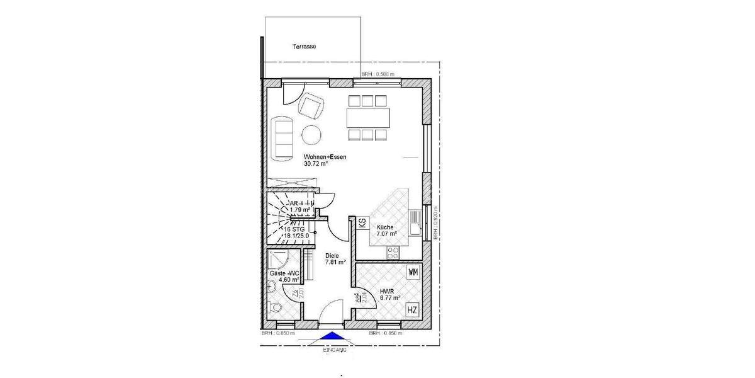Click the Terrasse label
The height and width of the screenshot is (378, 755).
coord(304,47)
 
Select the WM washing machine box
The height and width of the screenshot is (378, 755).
coord(413,272)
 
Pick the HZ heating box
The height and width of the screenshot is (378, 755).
coord(413,309)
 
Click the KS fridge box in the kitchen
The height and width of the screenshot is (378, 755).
coord(362,223)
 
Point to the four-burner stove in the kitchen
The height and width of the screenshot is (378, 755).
coord(393,252)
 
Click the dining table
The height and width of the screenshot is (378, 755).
coord(367,117)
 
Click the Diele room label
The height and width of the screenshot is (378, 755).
coord(331,255)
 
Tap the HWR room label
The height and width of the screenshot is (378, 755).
coord(386,292)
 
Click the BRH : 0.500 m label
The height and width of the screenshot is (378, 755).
coord(377,74)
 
